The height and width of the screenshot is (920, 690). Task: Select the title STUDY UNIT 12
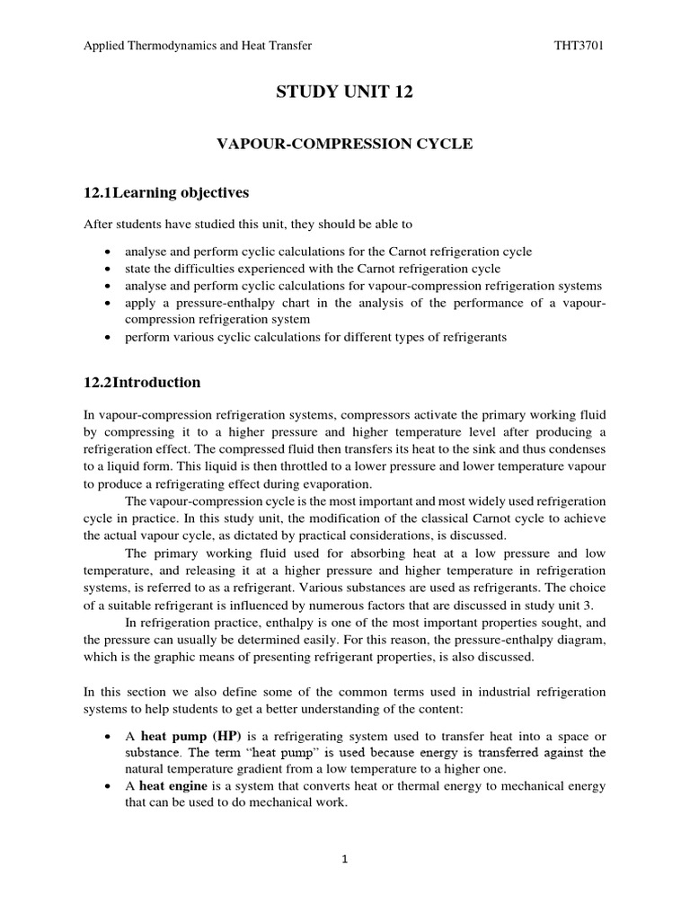pyautogui.click(x=344, y=93)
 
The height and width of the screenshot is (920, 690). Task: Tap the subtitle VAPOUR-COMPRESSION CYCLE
pyautogui.click(x=344, y=144)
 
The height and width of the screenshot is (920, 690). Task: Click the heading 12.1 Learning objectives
pyautogui.click(x=166, y=192)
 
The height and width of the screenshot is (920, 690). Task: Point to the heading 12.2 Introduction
pyautogui.click(x=142, y=382)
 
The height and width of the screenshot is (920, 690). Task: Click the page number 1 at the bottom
pyautogui.click(x=344, y=859)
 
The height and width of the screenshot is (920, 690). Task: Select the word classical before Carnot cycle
pyautogui.click(x=470, y=516)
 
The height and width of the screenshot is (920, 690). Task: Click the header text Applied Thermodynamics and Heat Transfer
pyautogui.click(x=197, y=46)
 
